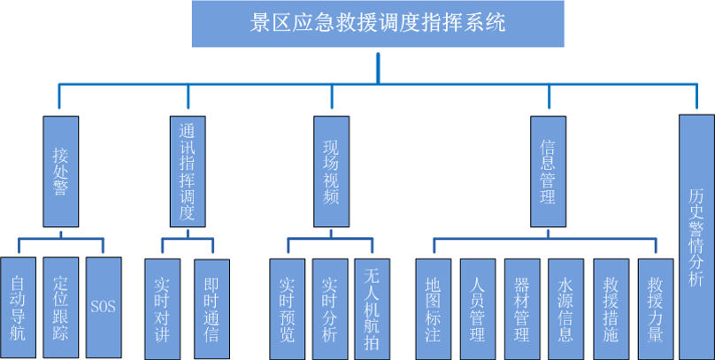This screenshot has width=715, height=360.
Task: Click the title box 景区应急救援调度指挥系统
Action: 379,24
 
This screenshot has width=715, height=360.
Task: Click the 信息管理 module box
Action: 548,169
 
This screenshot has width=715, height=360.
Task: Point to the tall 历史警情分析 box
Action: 696,234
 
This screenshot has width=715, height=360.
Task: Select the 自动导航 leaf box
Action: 19,307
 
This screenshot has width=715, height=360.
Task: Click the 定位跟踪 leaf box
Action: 61,307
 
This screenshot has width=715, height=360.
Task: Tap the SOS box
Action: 103,307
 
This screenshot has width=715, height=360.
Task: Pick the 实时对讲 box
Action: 163,309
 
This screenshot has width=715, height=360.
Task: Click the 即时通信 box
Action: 211,309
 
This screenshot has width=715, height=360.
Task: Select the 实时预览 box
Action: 288,309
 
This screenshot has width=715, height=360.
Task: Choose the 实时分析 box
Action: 330,309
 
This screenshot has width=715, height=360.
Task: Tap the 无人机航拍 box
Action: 372,309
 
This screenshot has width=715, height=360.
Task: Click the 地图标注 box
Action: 433,309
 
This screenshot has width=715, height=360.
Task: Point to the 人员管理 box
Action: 478,309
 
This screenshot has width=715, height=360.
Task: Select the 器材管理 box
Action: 522,309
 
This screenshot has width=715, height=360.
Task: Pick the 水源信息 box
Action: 565,309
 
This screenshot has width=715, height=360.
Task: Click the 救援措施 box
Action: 611,309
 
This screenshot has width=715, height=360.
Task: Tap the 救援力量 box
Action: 655,309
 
